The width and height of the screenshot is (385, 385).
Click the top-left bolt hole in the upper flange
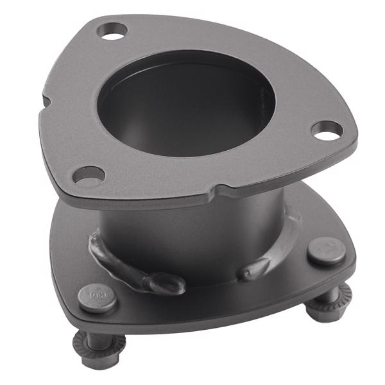(114, 30)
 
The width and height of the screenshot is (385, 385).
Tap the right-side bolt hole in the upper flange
(326, 130)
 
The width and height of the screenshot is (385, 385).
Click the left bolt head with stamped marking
(97, 297)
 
